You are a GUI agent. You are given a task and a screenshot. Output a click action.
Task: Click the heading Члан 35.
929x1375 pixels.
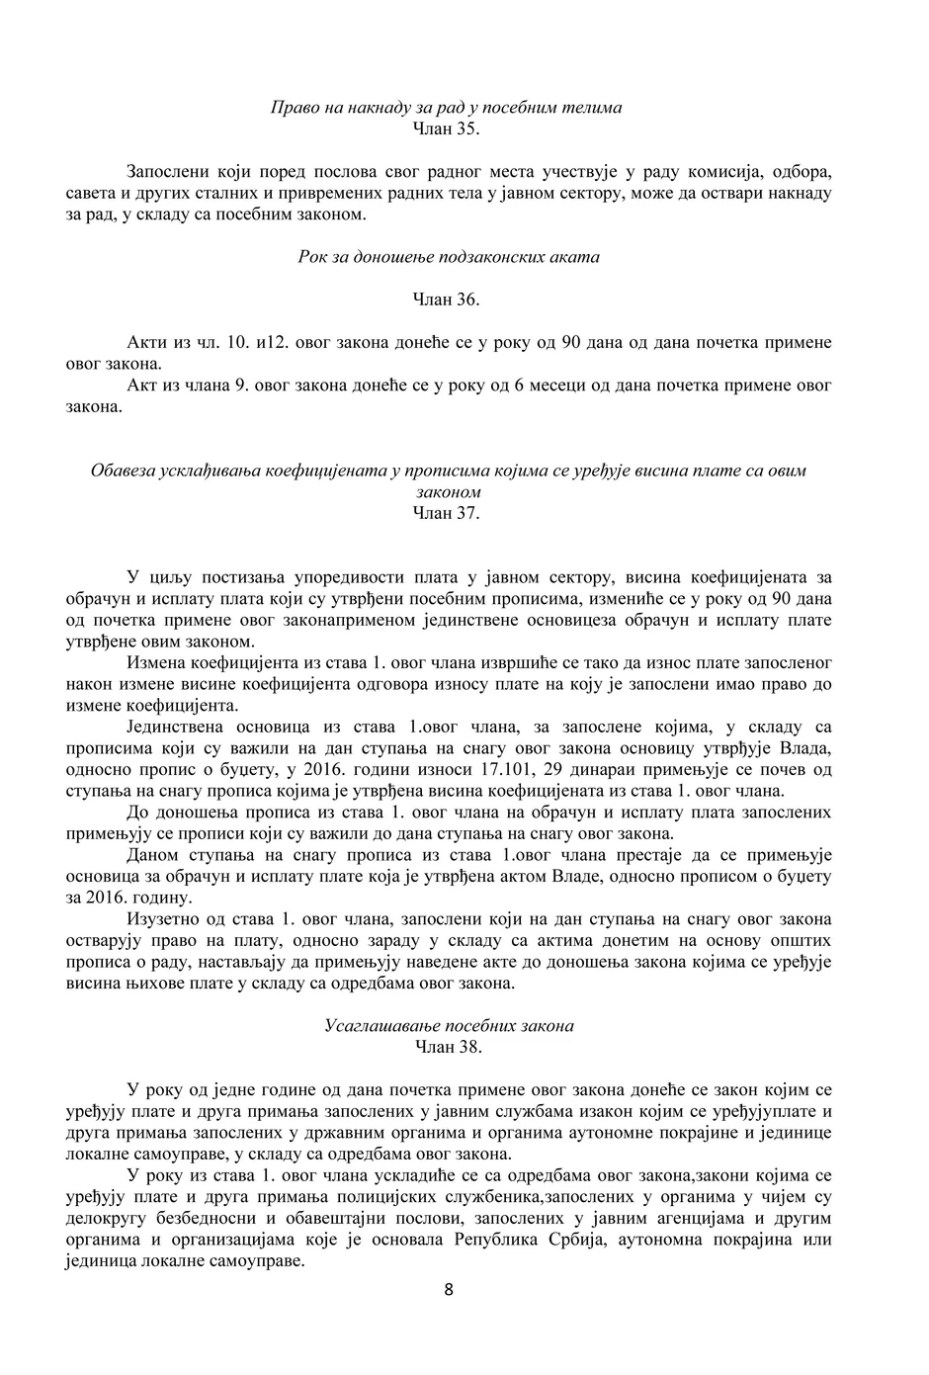pyautogui.click(x=446, y=128)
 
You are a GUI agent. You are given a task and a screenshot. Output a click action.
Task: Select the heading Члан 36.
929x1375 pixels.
pyautogui.click(x=446, y=300)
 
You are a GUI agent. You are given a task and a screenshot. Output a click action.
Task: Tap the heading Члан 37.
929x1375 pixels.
pyautogui.click(x=446, y=513)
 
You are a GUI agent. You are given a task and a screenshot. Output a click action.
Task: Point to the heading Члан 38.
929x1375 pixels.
pyautogui.click(x=448, y=1047)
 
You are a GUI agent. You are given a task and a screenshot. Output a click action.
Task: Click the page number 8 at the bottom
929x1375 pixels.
pyautogui.click(x=449, y=1289)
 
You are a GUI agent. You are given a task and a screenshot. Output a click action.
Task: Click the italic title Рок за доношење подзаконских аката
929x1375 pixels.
pyautogui.click(x=448, y=257)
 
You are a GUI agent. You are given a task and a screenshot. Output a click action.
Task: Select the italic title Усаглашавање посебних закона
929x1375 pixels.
pyautogui.click(x=449, y=1026)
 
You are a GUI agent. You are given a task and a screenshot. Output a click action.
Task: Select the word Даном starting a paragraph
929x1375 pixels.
pyautogui.click(x=151, y=855)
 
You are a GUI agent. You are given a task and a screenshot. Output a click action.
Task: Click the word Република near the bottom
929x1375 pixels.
pyautogui.click(x=495, y=1241)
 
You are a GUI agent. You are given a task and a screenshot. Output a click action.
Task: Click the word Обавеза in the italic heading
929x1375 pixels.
pyautogui.click(x=122, y=471)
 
